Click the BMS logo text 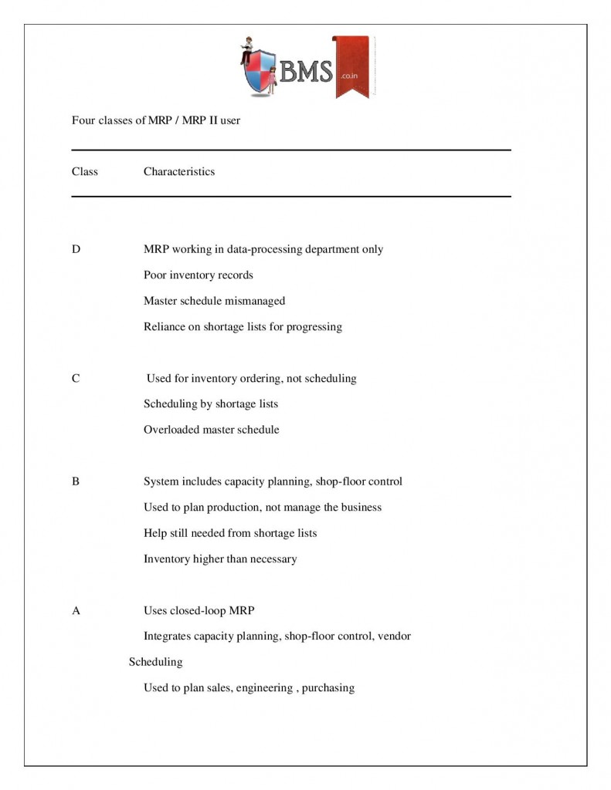point(305,73)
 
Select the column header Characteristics point(179,171)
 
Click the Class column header point(85,171)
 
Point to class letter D point(76,249)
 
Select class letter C point(76,379)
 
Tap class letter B point(76,481)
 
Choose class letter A point(76,611)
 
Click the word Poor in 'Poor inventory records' point(155,275)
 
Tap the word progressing point(314,326)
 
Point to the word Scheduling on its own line point(155,662)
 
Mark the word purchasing point(328,688)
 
